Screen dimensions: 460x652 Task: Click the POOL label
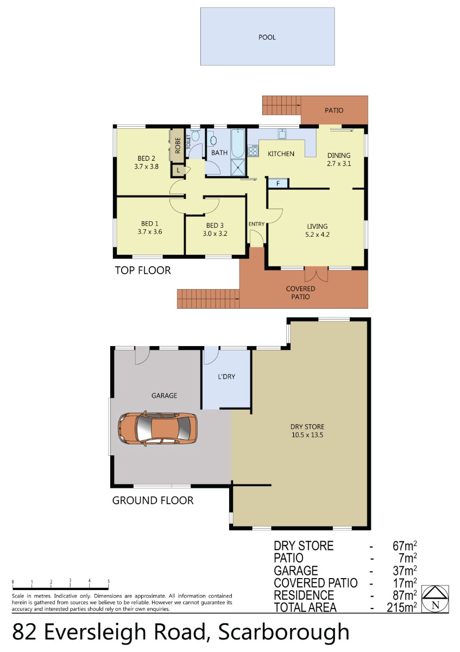coord(267,37)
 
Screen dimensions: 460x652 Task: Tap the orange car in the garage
coord(157,428)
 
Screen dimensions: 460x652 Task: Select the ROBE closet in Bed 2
coord(177,146)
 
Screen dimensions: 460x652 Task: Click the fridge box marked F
coord(278,184)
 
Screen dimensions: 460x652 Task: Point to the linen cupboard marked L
coord(178,171)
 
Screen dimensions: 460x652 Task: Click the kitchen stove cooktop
coord(253,151)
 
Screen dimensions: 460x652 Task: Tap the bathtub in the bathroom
coord(238,143)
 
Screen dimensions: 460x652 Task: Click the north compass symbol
coord(435,598)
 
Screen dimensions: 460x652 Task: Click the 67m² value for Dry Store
coord(405,546)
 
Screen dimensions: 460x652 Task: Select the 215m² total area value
coord(401,607)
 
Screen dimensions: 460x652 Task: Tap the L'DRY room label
coord(226,377)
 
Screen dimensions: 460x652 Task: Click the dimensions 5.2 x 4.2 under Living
coord(317,235)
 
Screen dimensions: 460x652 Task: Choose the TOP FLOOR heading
coord(143,271)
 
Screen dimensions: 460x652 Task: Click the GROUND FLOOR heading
coord(153,500)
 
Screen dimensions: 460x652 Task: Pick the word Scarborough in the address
coord(283,632)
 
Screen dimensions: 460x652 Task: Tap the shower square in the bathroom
coord(238,167)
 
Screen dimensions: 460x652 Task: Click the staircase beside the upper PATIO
coord(282,105)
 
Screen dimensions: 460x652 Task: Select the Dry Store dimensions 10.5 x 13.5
coord(307,435)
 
